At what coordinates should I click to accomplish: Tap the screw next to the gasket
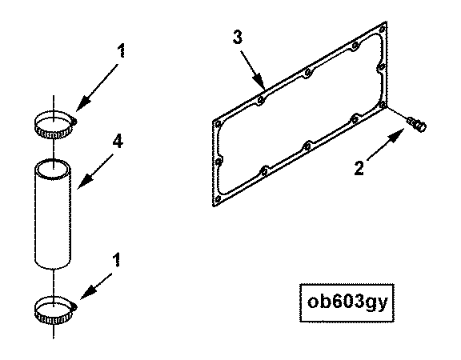pos(416,124)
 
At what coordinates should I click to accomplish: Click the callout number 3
pos(238,38)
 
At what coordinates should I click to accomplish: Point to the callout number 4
pos(118,142)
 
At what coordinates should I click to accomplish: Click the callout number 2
pos(359,168)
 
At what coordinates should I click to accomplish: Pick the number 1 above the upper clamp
pos(121,50)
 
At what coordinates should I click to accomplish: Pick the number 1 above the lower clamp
pos(117,260)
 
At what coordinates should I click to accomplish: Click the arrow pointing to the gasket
pos(253,70)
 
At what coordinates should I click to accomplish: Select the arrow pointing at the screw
pos(386,145)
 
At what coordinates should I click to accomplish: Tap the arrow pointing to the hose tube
pos(95,172)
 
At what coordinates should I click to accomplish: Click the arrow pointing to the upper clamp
pos(97,87)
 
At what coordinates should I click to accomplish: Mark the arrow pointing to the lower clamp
pos(96,286)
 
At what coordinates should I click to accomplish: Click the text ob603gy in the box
pos(347,302)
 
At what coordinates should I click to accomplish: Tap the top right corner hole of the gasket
pos(383,30)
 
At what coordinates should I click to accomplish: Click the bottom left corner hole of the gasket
pos(218,199)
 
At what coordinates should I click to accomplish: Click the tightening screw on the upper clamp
pos(74,121)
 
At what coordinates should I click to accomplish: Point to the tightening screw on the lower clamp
pos(74,307)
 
